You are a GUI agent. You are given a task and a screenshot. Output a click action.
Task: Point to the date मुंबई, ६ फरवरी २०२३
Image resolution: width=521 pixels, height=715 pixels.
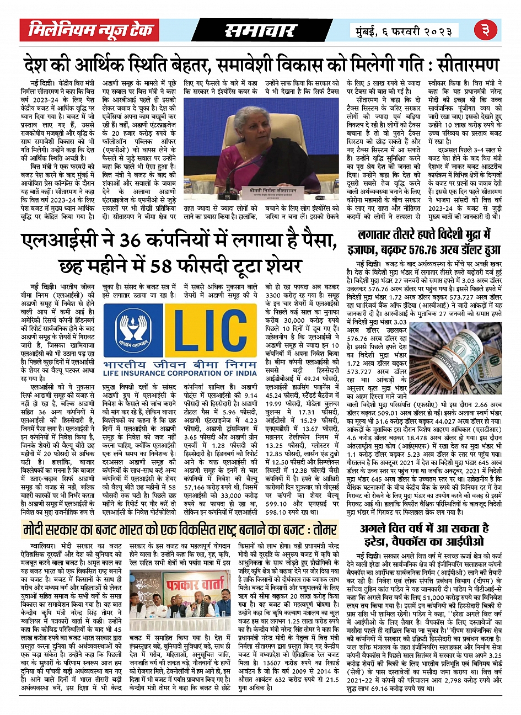point(405,30)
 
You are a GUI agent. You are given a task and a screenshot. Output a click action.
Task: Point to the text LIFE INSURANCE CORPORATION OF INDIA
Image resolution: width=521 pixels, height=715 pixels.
point(180,373)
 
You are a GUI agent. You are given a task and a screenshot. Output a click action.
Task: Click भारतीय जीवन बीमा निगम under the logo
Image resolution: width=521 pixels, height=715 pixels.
point(180,362)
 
